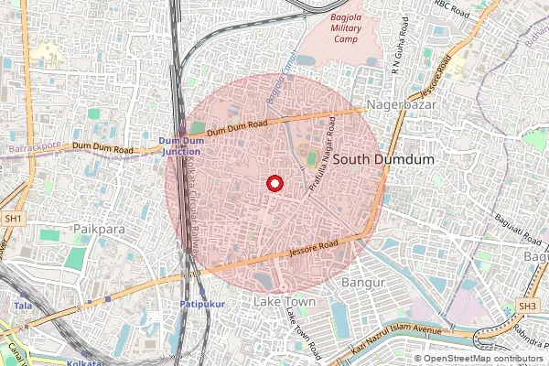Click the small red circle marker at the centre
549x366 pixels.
pyautogui.click(x=273, y=183)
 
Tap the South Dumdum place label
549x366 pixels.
pyautogui.click(x=382, y=159)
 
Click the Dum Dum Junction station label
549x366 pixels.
pyautogui.click(x=180, y=146)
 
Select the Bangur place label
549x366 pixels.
pyautogui.click(x=360, y=283)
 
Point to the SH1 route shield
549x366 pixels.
pyautogui.click(x=13, y=220)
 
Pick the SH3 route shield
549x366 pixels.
pyautogui.click(x=528, y=305)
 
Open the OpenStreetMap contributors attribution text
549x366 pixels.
pyautogui.click(x=484, y=359)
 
